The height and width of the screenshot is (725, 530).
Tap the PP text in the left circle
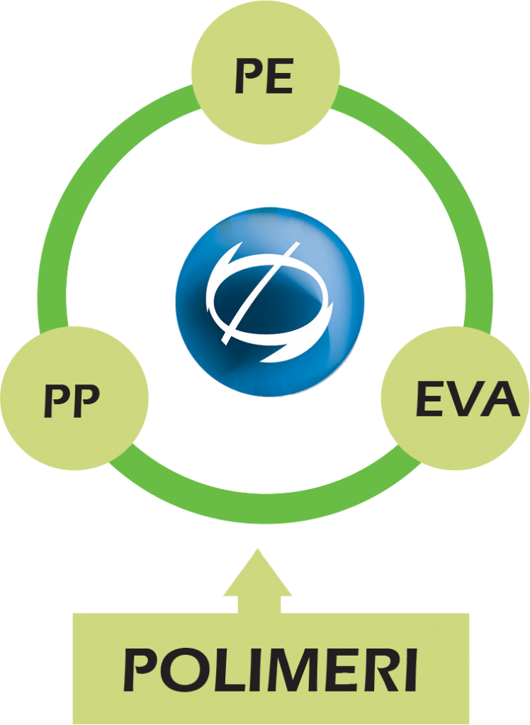coord(72,401)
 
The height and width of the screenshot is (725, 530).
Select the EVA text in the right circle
coord(468,399)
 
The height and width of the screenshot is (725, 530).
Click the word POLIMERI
coord(271,670)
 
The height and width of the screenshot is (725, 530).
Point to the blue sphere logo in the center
coord(270,302)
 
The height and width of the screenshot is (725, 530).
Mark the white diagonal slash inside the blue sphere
coord(261,293)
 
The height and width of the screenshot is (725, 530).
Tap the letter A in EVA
coord(502,399)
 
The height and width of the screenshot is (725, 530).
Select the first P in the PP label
coord(58,401)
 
